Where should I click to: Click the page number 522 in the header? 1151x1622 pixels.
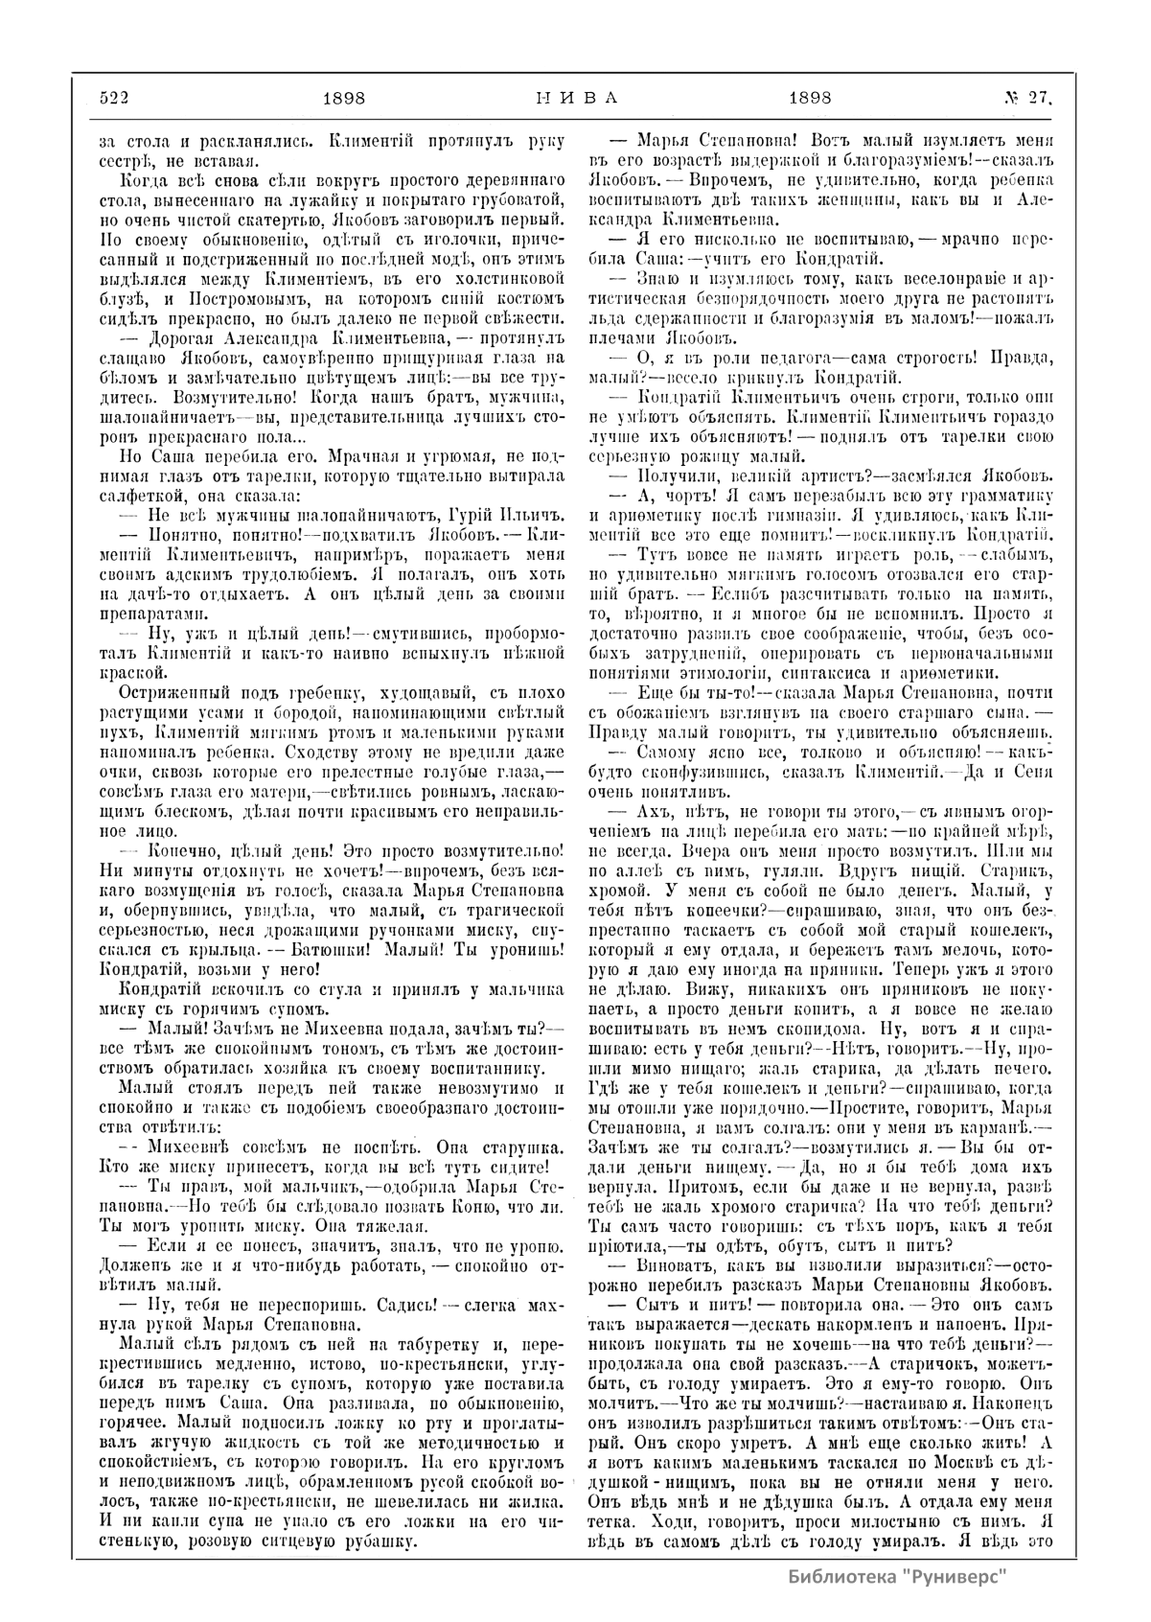114,97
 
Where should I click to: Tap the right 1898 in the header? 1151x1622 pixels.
809,97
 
